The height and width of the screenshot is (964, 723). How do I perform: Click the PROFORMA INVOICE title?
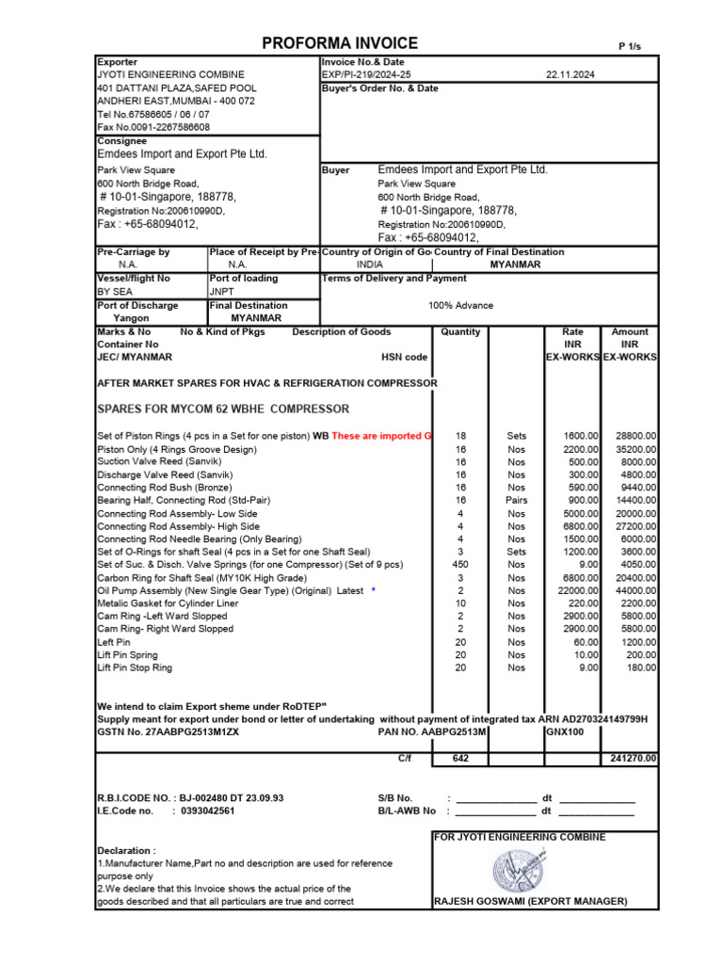pos(340,43)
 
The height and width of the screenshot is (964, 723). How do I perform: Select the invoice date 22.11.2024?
pos(571,74)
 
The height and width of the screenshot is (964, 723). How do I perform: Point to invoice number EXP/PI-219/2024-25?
pos(366,74)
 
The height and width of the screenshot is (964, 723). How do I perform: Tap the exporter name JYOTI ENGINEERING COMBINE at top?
pos(170,74)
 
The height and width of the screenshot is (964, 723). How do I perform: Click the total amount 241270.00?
pos(634,758)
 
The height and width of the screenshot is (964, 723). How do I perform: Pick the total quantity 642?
pos(460,758)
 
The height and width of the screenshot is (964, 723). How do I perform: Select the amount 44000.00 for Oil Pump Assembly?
pos(636,590)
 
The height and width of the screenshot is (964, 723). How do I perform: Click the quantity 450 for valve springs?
pos(460,565)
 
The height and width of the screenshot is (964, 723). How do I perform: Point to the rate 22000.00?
pos(575,590)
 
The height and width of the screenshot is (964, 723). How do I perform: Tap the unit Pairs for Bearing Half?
pos(516,501)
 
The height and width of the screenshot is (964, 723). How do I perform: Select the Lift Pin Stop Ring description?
pos(135,667)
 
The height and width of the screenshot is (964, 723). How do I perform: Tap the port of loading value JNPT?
pos(220,292)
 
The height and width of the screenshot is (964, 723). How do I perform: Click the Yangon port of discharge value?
pos(131,318)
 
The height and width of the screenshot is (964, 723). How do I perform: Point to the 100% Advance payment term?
pos(460,306)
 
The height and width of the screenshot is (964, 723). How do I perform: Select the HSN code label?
pos(404,358)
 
